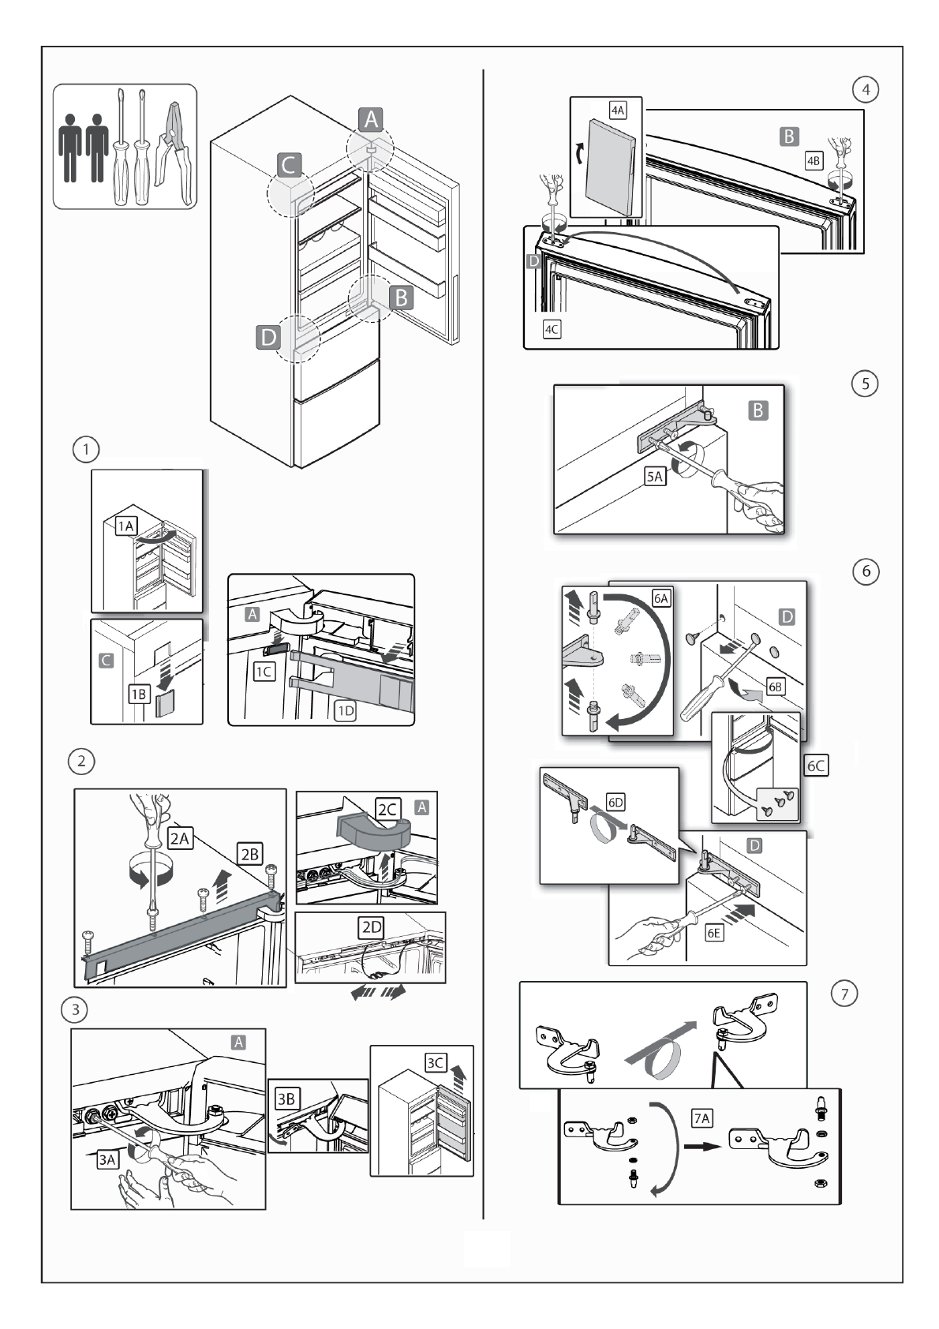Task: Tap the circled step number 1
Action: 85,450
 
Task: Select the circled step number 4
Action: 866,89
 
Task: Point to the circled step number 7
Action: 844,994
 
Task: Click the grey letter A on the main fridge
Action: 370,119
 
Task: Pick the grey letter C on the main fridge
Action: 288,165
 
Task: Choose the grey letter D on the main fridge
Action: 268,337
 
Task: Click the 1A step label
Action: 126,526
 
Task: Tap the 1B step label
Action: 139,694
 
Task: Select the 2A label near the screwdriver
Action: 180,838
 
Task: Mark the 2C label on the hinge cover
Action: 387,809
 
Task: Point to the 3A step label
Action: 107,1159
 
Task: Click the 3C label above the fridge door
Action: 435,1062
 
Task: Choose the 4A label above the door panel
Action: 618,110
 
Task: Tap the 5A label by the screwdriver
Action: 655,476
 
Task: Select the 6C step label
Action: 816,765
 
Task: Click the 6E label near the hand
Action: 713,933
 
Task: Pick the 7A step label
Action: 701,1118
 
